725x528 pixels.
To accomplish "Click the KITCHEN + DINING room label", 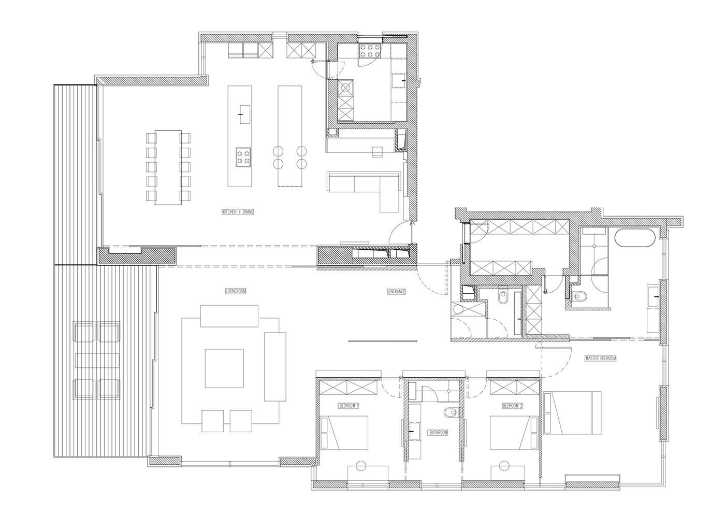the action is click(x=238, y=212).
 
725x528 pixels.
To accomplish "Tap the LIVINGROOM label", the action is click(x=236, y=291).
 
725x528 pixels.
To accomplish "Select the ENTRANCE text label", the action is click(x=397, y=291).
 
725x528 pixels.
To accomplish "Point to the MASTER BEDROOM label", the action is click(x=600, y=358).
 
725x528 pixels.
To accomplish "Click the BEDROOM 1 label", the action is click(x=349, y=406).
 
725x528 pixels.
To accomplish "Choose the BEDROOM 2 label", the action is click(x=513, y=406).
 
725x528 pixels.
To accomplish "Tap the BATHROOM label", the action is click(x=438, y=433).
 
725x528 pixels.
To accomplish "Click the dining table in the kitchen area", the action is click(x=168, y=167).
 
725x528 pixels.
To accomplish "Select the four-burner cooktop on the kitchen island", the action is click(x=243, y=157).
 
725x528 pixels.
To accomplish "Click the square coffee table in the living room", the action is click(x=224, y=368).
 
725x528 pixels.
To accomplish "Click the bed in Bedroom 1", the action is click(x=344, y=433).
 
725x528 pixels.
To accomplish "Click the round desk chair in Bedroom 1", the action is click(x=360, y=466).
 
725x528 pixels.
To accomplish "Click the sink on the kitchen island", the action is click(x=244, y=115).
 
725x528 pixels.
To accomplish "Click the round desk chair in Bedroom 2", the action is click(x=503, y=466).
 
